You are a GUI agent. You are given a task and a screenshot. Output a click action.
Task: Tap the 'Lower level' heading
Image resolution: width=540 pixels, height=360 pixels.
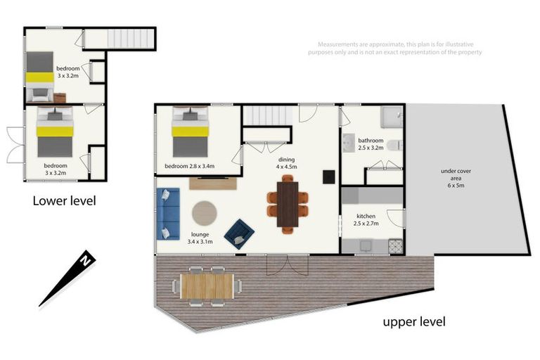pyautogui.click(x=65, y=201)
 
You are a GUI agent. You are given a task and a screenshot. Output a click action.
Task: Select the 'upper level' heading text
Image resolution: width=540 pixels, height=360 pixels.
pyautogui.click(x=414, y=322)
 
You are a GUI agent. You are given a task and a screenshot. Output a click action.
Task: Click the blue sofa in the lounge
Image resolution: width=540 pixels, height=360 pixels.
pyautogui.click(x=168, y=214)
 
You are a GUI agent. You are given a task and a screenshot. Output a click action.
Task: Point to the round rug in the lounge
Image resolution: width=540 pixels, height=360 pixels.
pyautogui.click(x=204, y=213)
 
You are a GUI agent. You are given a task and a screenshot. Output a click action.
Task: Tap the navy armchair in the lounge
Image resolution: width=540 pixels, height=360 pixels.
pyautogui.click(x=239, y=234)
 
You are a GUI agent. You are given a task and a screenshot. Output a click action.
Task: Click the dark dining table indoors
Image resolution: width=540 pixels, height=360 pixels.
pyautogui.click(x=287, y=205)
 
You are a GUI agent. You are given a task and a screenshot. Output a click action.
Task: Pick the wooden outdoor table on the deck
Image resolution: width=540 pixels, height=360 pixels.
pyautogui.click(x=207, y=286)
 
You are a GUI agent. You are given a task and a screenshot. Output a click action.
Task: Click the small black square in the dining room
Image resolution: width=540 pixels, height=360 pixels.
pyautogui.click(x=328, y=176)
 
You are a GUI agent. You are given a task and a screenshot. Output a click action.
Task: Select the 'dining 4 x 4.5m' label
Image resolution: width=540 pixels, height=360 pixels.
pyautogui.click(x=287, y=163)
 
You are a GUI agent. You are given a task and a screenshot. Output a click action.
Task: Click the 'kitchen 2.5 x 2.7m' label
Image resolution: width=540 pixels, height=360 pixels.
pyautogui.click(x=366, y=219)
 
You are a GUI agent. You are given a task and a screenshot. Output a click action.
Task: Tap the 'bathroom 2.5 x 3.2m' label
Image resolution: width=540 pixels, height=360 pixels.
pyautogui.click(x=371, y=144)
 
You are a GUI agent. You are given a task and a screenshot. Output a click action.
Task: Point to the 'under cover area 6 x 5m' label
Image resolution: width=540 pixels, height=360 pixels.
pyautogui.click(x=456, y=178)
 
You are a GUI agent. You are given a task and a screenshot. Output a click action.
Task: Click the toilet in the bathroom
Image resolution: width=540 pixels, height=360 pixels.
pyautogui.click(x=394, y=146)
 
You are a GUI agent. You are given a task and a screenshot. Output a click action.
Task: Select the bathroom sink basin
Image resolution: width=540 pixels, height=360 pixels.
pyautogui.click(x=349, y=143)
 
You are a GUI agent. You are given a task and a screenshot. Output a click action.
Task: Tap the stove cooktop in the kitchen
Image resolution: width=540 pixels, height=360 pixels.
pyautogui.click(x=395, y=246)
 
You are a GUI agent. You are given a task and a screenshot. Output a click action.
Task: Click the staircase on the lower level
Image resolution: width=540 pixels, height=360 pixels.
pyautogui.click(x=131, y=39)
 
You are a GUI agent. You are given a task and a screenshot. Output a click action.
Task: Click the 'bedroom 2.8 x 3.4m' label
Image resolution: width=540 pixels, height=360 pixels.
pyautogui.click(x=189, y=166)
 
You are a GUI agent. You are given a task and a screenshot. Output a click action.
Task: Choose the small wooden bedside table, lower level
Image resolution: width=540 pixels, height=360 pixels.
pyautogui.click(x=60, y=98)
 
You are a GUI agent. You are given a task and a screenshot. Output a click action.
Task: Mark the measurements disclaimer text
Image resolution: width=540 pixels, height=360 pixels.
pyautogui.click(x=395, y=49)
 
